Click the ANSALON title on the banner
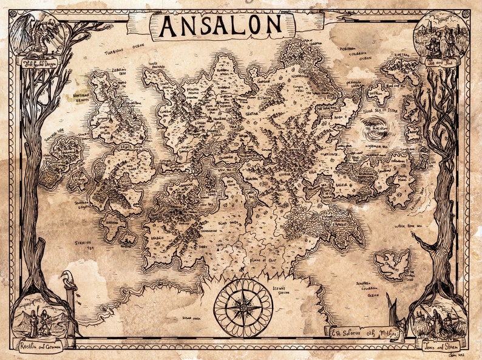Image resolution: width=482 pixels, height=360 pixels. [x=220, y=25]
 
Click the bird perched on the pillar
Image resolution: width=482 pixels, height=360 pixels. [x=69, y=280]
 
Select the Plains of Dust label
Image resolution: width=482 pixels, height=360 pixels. [x=266, y=259]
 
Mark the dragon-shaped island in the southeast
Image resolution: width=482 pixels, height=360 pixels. [x=393, y=265]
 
